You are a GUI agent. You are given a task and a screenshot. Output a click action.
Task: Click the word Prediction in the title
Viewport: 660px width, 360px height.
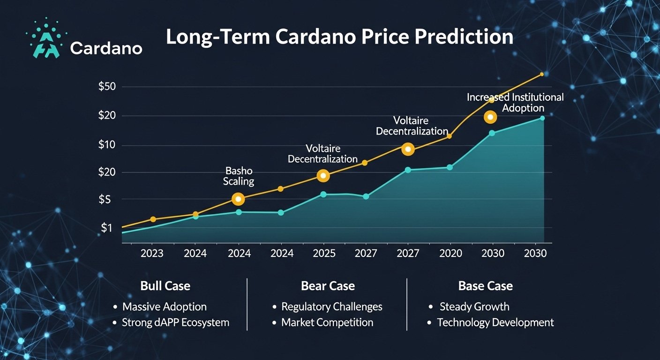pos(458,37)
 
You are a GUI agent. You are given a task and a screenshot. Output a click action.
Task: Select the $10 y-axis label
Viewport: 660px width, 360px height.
pos(109,145)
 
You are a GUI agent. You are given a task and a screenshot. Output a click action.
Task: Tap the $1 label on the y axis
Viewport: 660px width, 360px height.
pos(107,228)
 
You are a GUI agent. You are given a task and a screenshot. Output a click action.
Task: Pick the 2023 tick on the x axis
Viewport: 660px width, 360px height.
pos(152,254)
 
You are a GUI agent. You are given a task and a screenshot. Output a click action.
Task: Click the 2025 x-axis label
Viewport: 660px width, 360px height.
pos(324,254)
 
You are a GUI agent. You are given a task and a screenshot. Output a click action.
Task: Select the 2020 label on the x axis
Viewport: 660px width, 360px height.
pos(450,254)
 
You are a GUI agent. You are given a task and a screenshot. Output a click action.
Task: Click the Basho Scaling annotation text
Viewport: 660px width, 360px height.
pos(239,176)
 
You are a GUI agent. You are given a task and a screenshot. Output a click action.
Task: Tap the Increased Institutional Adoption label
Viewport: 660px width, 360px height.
pos(515,103)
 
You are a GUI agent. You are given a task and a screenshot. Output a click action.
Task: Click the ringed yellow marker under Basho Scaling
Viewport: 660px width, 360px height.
pos(238,199)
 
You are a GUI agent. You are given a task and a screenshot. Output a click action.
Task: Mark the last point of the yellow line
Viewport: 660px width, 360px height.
pos(542,74)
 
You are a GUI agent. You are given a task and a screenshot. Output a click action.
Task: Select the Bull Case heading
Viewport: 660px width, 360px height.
pos(165,286)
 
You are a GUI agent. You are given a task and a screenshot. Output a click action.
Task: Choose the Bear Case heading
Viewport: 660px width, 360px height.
pos(328,286)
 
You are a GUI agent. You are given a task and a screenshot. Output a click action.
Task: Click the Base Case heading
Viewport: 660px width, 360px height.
pos(485,286)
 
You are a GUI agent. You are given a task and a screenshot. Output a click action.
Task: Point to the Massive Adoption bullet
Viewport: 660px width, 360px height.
pos(164,307)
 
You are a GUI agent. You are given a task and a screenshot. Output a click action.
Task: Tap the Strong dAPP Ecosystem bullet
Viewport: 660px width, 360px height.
pos(175,322)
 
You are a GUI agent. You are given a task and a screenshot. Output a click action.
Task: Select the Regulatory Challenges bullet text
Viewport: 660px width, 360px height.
pos(331,307)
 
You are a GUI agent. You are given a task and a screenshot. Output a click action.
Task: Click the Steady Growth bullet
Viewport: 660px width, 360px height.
pos(474,307)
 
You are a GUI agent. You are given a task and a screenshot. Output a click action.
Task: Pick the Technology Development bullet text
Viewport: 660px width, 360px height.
pos(495,322)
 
